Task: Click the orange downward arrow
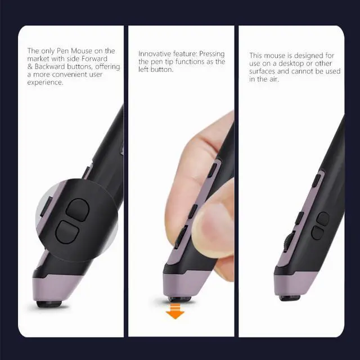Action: click(x=175, y=311)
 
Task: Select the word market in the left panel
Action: click(x=38, y=58)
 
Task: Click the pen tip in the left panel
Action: click(x=49, y=304)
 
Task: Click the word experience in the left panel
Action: click(x=44, y=82)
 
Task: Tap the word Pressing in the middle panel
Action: click(x=211, y=54)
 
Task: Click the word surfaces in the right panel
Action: click(x=264, y=71)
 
